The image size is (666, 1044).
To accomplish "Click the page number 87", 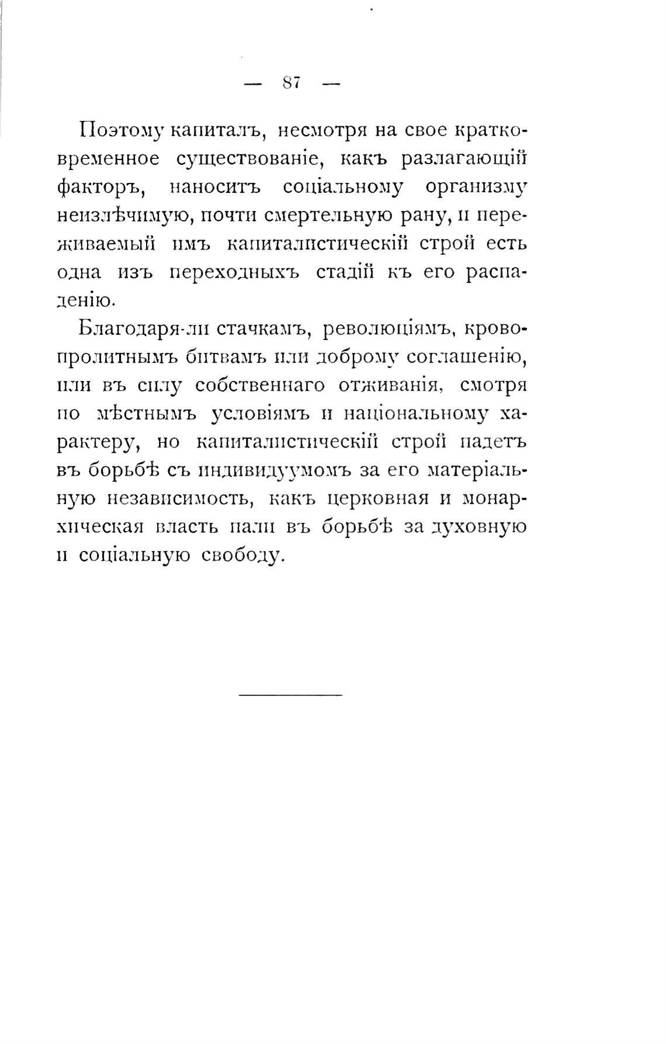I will click(291, 83).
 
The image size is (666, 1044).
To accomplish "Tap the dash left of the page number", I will click(252, 84).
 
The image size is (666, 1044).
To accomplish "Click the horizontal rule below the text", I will click(290, 694).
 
